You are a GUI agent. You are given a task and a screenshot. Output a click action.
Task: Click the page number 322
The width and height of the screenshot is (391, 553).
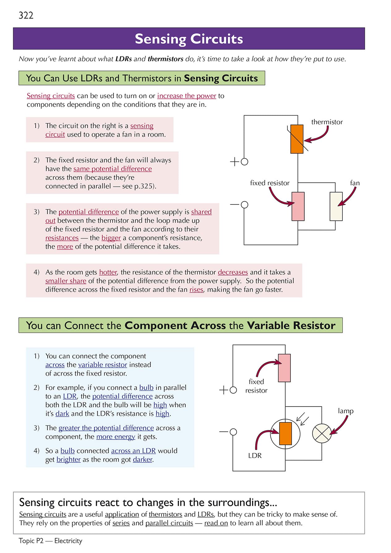(x=26, y=15)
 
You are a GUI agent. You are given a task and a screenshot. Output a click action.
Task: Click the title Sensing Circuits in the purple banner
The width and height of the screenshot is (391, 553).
(x=189, y=39)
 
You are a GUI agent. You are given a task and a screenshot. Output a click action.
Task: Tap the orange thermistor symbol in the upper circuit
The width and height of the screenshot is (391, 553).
(x=297, y=139)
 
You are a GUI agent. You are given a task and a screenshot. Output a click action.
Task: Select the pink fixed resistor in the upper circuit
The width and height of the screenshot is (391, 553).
(x=298, y=206)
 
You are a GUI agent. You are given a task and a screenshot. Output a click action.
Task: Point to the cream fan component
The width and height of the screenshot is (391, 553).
(x=336, y=206)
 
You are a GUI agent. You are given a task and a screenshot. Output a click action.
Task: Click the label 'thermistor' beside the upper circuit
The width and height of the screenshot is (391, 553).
(x=327, y=122)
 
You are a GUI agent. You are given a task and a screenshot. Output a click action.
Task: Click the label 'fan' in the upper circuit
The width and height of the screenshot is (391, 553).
(x=355, y=183)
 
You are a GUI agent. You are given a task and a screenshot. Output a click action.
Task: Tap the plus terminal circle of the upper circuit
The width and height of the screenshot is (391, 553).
(x=244, y=161)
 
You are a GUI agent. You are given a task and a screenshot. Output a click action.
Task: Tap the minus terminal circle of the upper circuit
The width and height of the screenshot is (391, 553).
(x=244, y=204)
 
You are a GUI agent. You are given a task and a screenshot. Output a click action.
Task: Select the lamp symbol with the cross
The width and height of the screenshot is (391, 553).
(x=322, y=433)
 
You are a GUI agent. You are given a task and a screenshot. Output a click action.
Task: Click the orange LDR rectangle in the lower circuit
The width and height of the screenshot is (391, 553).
(x=285, y=433)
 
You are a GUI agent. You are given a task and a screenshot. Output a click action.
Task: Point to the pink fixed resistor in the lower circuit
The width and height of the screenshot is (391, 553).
(x=284, y=368)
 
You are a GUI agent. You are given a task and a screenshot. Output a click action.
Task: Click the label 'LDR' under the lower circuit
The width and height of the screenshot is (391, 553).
(x=255, y=456)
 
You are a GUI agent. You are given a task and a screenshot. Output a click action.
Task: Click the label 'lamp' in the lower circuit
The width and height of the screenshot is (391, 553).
(x=346, y=411)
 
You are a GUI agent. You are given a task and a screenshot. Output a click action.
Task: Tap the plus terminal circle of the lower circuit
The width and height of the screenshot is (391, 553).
(x=233, y=390)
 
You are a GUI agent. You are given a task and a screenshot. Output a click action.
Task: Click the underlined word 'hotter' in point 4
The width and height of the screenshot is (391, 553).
(x=108, y=272)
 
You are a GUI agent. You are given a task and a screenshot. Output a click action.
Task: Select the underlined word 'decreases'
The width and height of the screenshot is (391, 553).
(x=233, y=272)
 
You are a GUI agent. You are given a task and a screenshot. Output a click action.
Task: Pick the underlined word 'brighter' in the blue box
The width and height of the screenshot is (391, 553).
(x=68, y=460)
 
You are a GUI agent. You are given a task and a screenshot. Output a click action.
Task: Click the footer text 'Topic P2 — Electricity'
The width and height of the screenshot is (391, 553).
(x=50, y=541)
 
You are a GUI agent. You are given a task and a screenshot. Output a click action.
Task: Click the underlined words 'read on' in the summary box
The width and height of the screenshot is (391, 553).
(x=216, y=523)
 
